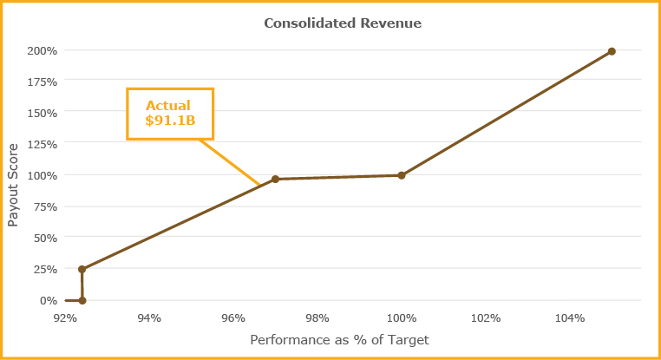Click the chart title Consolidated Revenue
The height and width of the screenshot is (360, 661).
pos(343,23)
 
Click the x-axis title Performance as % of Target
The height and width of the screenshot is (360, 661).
pos(339,340)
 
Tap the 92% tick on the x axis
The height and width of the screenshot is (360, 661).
pos(65,317)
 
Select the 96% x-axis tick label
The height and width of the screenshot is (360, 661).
pos(233,317)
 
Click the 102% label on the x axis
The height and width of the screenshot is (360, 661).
pos(486,317)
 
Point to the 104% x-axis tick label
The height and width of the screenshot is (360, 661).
pos(570,317)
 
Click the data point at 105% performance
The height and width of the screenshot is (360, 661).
pos(612,51)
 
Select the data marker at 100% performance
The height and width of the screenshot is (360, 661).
pos(402,175)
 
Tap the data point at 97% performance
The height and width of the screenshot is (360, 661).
pos(275,179)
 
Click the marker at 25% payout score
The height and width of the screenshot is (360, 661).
pos(82,269)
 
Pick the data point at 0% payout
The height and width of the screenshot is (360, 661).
pos(82,300)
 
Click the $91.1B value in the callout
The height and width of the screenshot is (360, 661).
pos(170,121)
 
